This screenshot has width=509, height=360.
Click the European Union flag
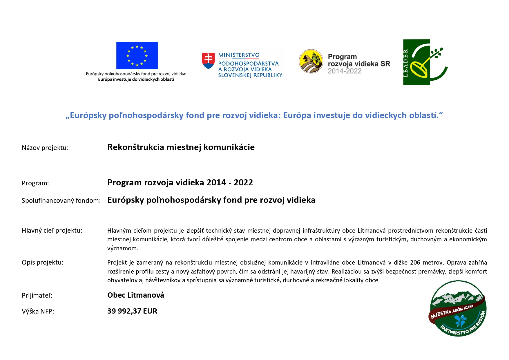[137, 55]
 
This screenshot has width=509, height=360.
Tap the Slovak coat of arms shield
[208, 60]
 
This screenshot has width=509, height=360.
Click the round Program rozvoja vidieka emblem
[311, 61]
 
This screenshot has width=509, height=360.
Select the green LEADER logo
[425, 62]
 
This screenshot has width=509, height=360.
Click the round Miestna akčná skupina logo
[458, 308]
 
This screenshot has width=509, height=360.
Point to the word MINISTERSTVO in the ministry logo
[239, 55]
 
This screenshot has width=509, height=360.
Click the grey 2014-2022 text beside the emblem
[345, 71]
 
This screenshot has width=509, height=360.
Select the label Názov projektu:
[45, 148]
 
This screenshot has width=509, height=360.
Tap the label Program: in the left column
[35, 183]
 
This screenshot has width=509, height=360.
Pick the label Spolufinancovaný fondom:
[61, 200]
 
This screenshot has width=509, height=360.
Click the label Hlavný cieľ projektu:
[52, 230]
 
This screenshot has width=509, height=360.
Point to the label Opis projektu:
[42, 262]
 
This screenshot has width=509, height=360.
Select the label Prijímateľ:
[37, 295]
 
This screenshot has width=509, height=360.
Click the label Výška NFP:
[38, 311]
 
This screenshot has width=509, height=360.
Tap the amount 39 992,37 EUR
[132, 311]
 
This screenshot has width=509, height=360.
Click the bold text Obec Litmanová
[136, 295]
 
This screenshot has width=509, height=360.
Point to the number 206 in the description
[415, 263]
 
